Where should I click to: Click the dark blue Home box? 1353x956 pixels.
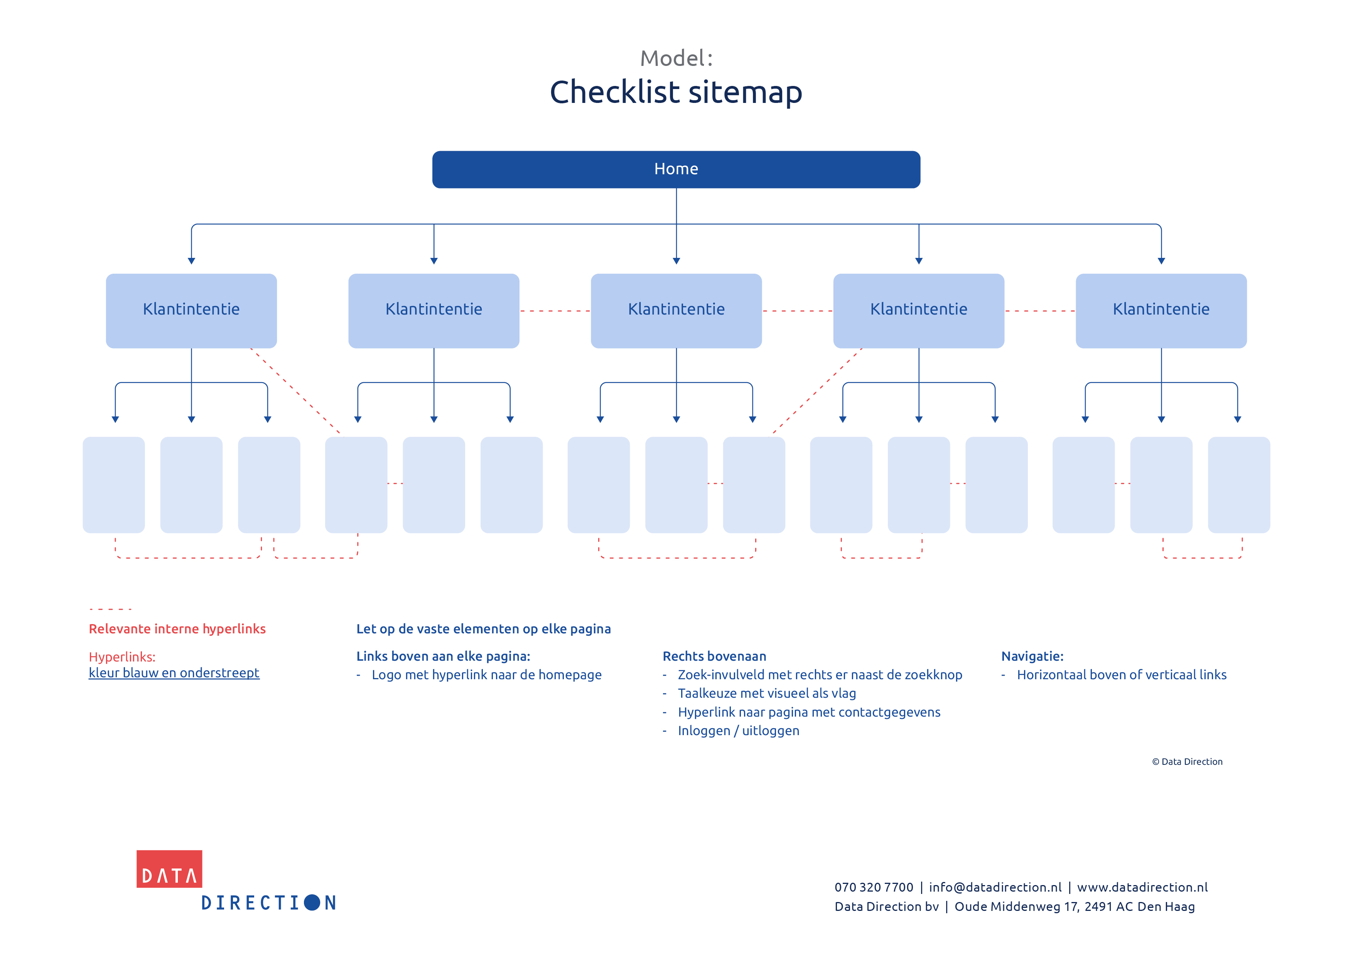pos(676,170)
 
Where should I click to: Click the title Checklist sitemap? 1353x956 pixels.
pos(676,93)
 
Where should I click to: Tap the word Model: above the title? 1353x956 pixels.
pos(676,58)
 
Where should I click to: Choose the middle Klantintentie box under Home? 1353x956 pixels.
pos(676,310)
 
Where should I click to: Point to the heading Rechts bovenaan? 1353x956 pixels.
pos(714,656)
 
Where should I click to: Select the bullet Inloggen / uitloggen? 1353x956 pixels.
pos(738,730)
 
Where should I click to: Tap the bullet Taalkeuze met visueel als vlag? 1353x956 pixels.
pos(767,693)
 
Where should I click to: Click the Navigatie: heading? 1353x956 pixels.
pos(1032,656)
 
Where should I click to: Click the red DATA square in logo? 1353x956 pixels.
pos(169,869)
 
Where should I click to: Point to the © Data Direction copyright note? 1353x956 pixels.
pos(1187,762)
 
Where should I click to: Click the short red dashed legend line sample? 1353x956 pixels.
pos(110,609)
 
